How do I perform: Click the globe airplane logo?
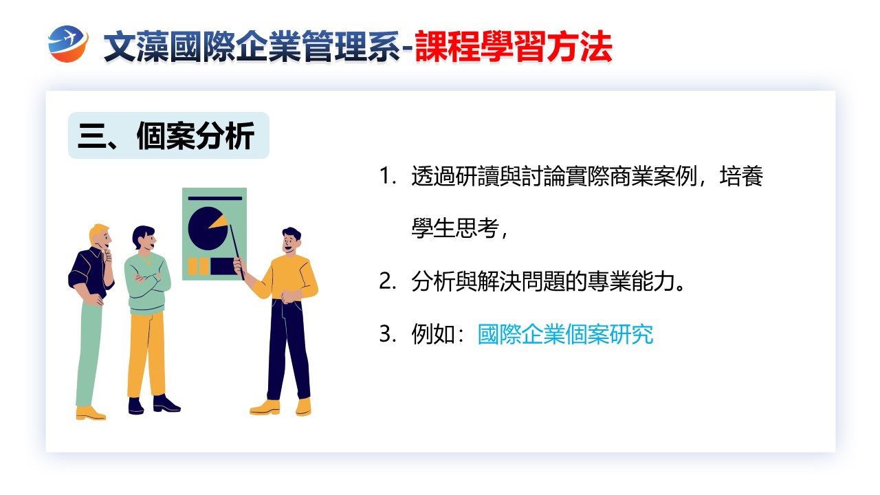coord(68,44)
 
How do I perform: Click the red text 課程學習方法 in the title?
coord(513,47)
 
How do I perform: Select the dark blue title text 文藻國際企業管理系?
coord(252,47)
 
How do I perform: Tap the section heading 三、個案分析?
coord(166,136)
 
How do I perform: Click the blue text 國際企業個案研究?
coord(565,334)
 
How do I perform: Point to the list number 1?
coord(387,175)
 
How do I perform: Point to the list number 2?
coord(387,282)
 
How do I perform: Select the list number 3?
coord(387,334)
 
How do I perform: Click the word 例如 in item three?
coord(433,334)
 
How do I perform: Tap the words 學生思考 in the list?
coord(455,228)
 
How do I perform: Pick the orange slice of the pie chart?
coord(219,221)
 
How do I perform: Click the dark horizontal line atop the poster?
coord(215,199)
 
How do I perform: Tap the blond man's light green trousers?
coord(89,353)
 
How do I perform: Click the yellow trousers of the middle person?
coord(146,353)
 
